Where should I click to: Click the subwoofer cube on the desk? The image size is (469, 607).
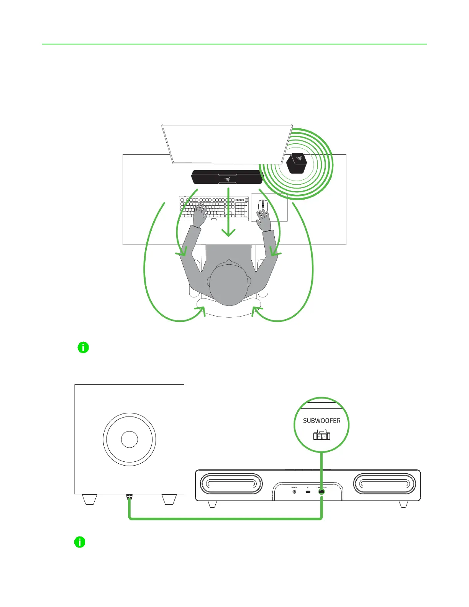point(297,163)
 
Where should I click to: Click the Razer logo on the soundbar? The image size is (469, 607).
point(227,178)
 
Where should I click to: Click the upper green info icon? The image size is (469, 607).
point(83,348)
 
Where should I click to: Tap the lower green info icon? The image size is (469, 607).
point(80,542)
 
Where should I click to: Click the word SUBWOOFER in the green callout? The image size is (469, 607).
point(321,421)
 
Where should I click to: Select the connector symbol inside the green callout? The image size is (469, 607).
point(321,436)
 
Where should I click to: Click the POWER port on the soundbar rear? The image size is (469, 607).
point(294,492)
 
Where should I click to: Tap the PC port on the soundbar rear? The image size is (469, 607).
point(308,492)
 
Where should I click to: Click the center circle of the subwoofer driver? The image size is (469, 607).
point(130,439)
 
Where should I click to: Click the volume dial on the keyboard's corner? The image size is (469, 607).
point(246,200)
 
